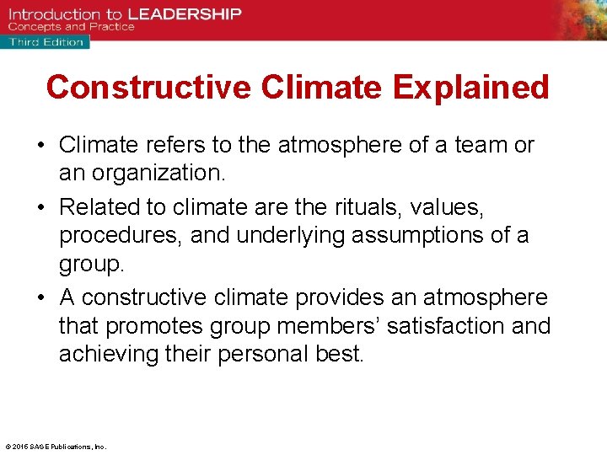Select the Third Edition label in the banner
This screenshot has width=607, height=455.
coord(46,41)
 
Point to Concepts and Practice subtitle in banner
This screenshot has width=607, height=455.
coord(71,27)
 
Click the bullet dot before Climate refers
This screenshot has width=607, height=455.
coord(40,147)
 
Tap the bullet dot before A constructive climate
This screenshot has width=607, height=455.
coord(40,297)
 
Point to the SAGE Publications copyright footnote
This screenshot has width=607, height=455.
coord(56,447)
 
